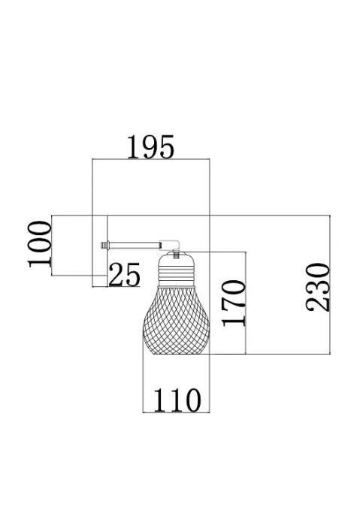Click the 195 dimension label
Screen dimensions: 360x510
[x=150, y=146]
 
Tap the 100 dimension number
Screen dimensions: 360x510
[x=40, y=244]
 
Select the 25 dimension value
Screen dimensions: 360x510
[x=124, y=275]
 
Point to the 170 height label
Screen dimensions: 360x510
[x=233, y=303]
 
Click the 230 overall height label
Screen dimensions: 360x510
[x=318, y=288]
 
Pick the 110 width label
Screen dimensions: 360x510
[x=177, y=400]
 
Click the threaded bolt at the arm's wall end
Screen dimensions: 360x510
[x=104, y=245]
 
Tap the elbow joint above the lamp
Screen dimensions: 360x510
[x=171, y=245]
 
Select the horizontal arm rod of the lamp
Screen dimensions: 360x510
[x=134, y=245]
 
